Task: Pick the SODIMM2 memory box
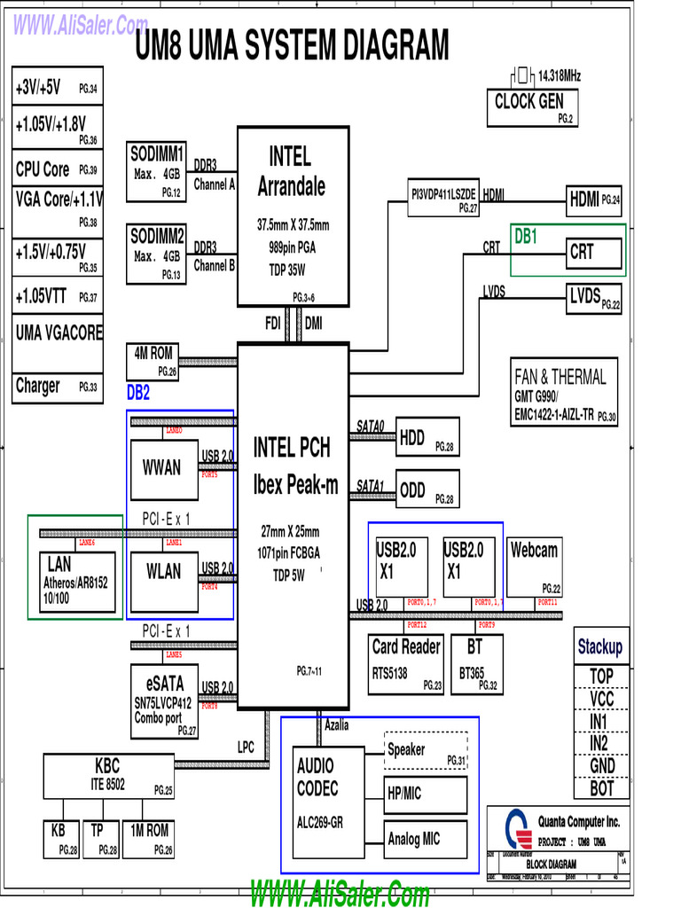click(157, 254)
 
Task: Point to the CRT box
click(594, 253)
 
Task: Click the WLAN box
click(163, 574)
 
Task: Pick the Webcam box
click(535, 565)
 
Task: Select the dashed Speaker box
click(426, 750)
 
